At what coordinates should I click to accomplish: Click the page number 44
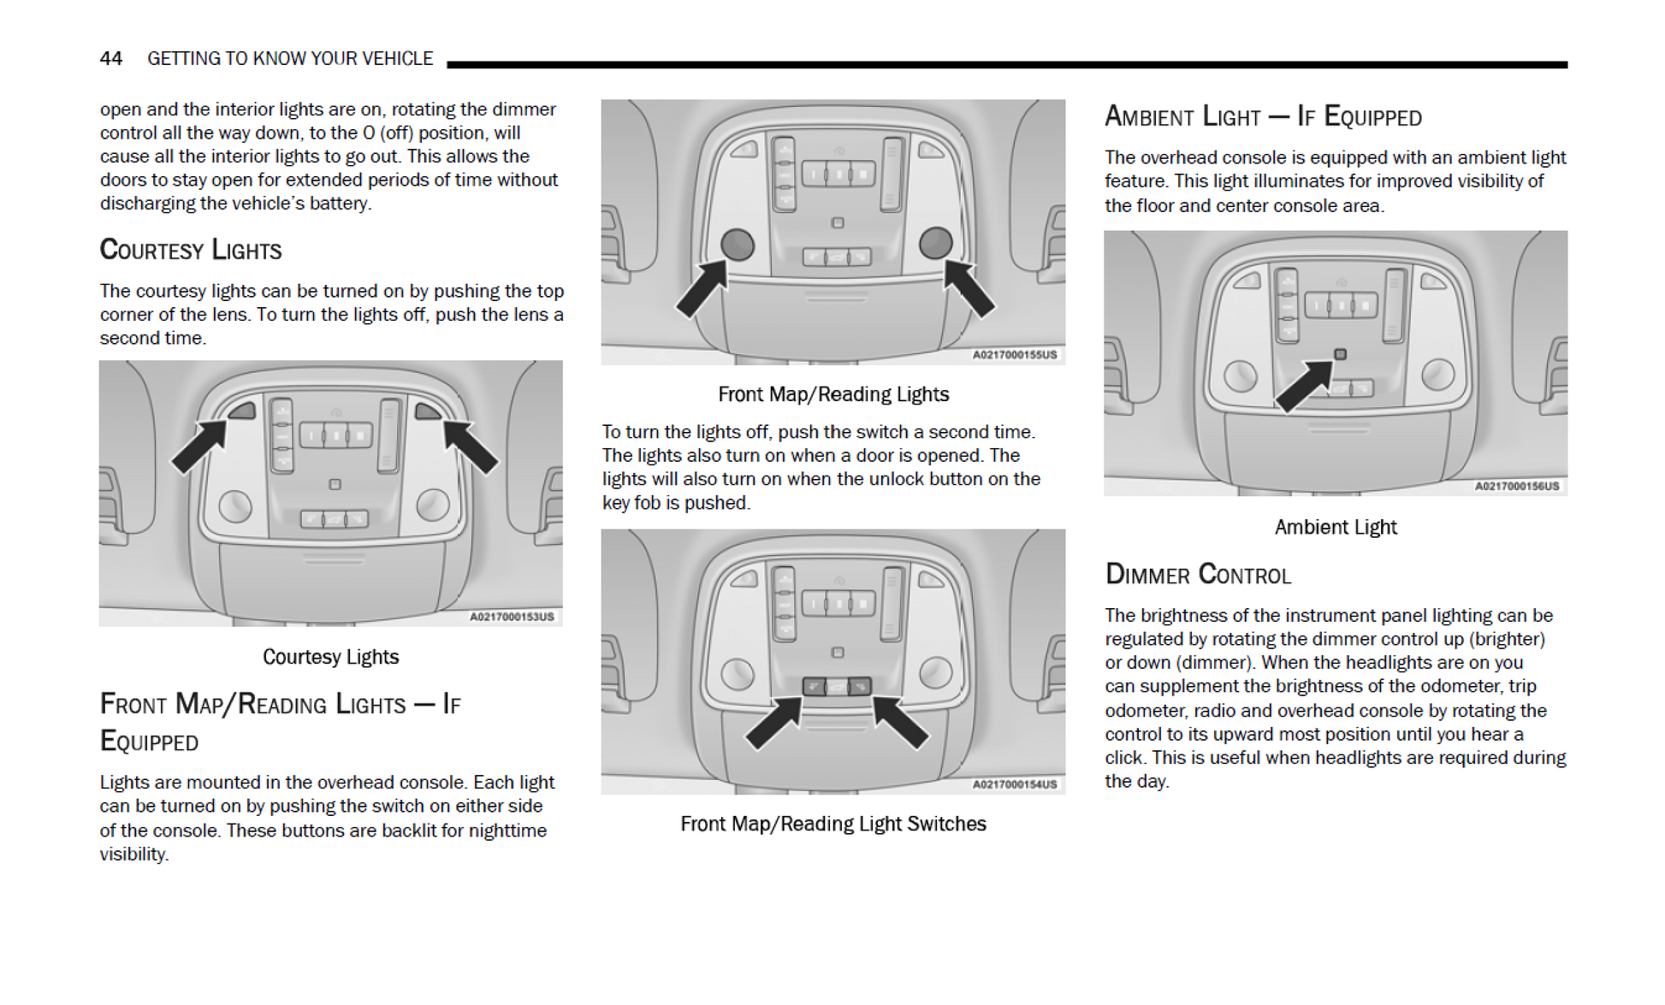[x=111, y=58]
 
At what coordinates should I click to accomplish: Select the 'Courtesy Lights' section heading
[x=190, y=250]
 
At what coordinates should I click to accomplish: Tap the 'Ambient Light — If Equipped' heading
[x=1262, y=116]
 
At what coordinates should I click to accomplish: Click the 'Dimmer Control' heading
[x=1197, y=574]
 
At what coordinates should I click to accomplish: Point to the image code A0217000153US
[x=512, y=617]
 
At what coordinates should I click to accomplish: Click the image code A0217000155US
[x=1014, y=355]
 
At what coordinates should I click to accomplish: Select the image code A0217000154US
[x=1014, y=784]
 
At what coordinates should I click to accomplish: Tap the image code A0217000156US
[x=1516, y=487]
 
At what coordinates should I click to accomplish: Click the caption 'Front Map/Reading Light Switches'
[x=832, y=824]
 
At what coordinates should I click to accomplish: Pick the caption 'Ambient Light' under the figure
[x=1335, y=527]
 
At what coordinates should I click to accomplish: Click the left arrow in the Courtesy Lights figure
[x=198, y=446]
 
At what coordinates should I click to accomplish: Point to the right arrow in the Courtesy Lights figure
[x=470, y=446]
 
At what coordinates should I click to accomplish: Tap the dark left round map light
[x=737, y=245]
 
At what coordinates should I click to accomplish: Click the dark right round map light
[x=935, y=243]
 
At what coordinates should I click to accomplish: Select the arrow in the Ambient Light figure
[x=1302, y=387]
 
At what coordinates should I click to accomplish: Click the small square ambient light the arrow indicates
[x=1340, y=354]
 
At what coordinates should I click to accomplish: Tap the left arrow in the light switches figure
[x=773, y=724]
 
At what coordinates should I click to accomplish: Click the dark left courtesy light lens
[x=242, y=411]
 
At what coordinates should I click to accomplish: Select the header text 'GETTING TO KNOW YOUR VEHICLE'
[x=290, y=58]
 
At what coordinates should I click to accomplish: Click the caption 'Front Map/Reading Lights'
[x=832, y=394]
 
